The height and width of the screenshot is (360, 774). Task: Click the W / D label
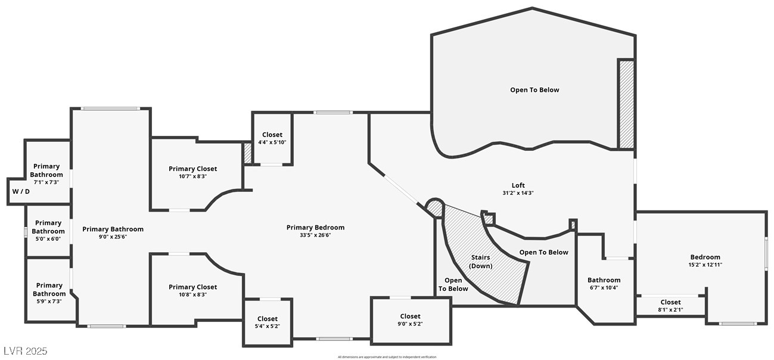click(x=21, y=192)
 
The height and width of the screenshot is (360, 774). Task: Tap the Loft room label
click(x=513, y=185)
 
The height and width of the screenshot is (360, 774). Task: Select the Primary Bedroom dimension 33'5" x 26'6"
click(x=315, y=235)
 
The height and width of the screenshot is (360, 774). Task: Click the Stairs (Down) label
click(x=480, y=262)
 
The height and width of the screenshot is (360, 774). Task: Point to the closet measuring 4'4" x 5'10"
click(x=272, y=138)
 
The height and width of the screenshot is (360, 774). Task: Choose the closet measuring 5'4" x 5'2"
click(x=267, y=322)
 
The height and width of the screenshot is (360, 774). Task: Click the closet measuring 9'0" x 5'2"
click(x=410, y=320)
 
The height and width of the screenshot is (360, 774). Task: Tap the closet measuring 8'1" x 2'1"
click(x=670, y=306)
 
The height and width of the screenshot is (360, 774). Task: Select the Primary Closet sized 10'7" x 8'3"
click(x=192, y=173)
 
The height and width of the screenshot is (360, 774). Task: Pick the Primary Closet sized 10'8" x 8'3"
click(x=192, y=291)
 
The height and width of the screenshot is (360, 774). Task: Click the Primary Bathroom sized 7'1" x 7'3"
click(x=46, y=174)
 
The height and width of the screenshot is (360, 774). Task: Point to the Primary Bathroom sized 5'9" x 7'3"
click(x=49, y=293)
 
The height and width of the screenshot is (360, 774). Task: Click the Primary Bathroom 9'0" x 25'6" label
click(x=113, y=232)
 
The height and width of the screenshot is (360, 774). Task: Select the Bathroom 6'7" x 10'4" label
click(x=604, y=284)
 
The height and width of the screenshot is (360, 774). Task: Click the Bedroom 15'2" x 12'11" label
click(x=705, y=260)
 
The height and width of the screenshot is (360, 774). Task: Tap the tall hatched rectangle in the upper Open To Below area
click(x=626, y=104)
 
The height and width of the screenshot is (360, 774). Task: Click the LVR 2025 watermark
click(x=25, y=351)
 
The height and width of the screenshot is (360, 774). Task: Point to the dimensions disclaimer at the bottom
click(x=387, y=357)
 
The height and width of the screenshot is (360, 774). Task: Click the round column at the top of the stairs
click(x=435, y=207)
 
